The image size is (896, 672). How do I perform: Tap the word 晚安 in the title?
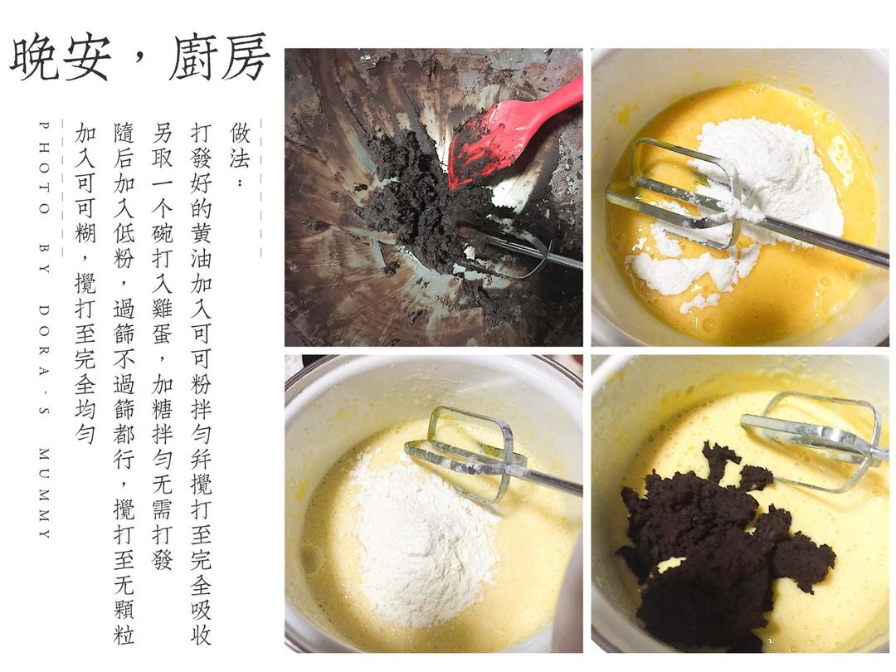60,58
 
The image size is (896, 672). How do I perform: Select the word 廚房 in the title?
217,58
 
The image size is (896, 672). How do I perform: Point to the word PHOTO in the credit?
44,167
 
